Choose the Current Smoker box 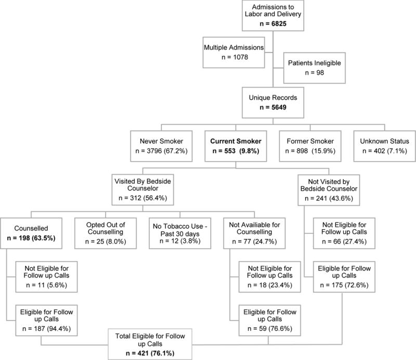tap(236, 145)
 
